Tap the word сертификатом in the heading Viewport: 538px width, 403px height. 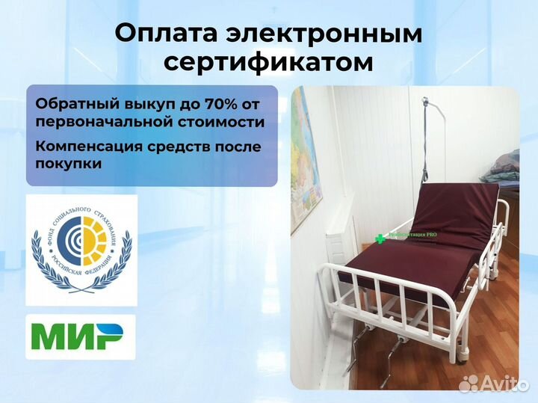[268, 62]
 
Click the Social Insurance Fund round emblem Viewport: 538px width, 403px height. [82, 250]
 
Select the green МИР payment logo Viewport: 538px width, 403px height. [81, 337]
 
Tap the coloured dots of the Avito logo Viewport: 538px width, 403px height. [469, 384]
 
